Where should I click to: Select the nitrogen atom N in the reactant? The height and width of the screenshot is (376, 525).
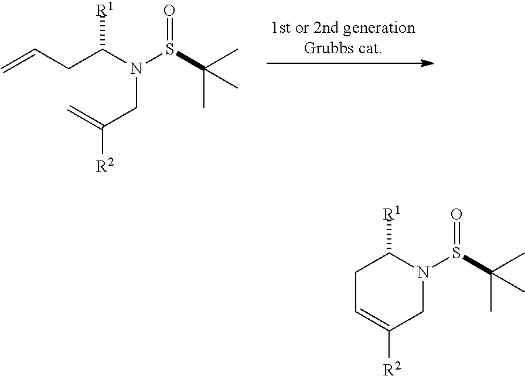coord(136,70)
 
